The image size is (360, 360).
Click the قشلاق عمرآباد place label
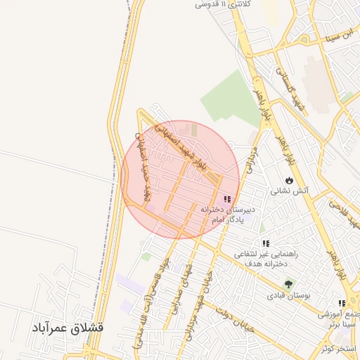[x=67, y=328]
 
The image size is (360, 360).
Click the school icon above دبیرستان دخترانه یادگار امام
[x=226, y=199]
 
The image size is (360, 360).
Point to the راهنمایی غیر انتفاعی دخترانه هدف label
[x=266, y=259]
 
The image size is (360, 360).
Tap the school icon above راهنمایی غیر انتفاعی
[x=266, y=243]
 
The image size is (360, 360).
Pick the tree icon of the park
[x=288, y=284]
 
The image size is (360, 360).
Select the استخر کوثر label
[x=338, y=349]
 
